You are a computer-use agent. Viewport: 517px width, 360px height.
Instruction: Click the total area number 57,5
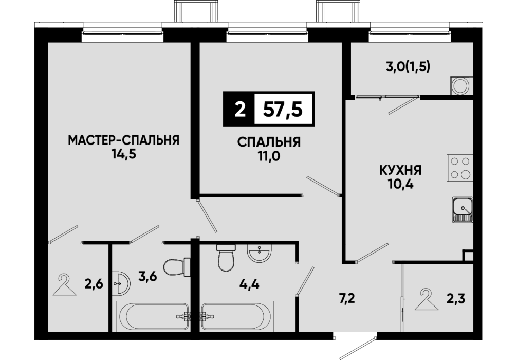(283, 109)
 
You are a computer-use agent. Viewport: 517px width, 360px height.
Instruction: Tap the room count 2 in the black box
(241, 109)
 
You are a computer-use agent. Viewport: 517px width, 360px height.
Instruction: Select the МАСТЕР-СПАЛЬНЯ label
(124, 140)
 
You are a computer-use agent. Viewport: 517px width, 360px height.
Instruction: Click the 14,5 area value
(124, 154)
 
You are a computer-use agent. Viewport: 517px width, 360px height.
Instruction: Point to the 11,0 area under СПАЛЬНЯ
(269, 156)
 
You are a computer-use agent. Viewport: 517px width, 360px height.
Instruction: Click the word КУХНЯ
(401, 171)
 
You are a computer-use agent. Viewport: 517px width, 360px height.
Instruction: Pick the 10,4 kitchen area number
(401, 184)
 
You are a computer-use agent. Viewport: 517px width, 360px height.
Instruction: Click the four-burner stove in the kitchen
(460, 168)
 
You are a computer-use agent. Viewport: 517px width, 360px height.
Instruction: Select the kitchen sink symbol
(463, 209)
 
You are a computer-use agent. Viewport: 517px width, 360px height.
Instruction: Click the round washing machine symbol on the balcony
(459, 86)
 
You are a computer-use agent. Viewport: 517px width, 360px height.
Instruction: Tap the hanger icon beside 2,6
(65, 285)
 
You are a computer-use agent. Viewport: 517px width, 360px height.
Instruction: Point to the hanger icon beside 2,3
(427, 299)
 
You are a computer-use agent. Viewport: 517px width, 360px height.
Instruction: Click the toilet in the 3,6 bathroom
(177, 267)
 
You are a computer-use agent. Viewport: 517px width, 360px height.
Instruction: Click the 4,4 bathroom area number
(249, 284)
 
